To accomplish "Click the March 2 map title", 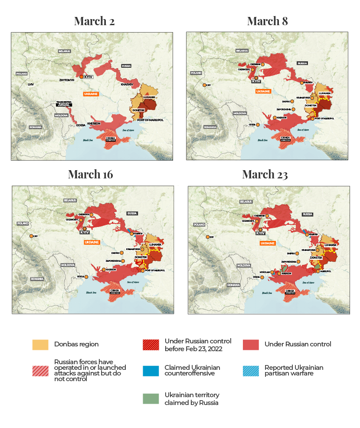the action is pos(94,21).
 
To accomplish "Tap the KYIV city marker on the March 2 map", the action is pos(81,77).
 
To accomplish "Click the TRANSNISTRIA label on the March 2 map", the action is pos(64,103).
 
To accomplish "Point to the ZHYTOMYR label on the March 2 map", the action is pos(67,80).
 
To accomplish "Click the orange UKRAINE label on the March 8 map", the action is pos(263,92).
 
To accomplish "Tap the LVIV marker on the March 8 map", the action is pos(203,85).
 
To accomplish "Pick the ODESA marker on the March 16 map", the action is pos(86,277).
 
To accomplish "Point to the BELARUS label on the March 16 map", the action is pos(70,200).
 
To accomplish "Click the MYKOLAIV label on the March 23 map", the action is pos(265,272).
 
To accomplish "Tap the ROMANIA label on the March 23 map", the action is pos(233,285).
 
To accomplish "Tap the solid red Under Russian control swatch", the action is pos(250,345).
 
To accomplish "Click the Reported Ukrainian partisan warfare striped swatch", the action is pos(250,371).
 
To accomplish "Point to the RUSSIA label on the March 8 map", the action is pos(302,63).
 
